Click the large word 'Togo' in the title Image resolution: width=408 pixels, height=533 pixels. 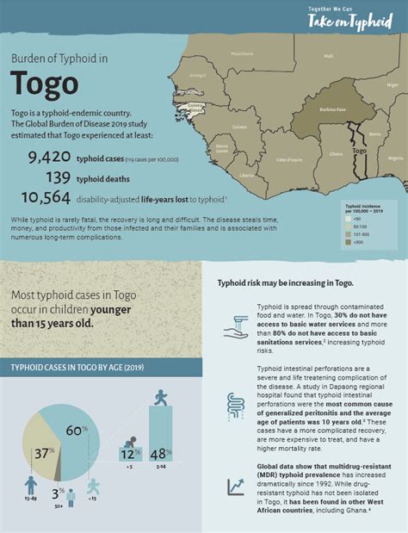tap(44, 84)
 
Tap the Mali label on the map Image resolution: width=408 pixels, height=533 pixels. tap(328, 55)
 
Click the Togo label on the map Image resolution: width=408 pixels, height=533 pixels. tap(360, 151)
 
